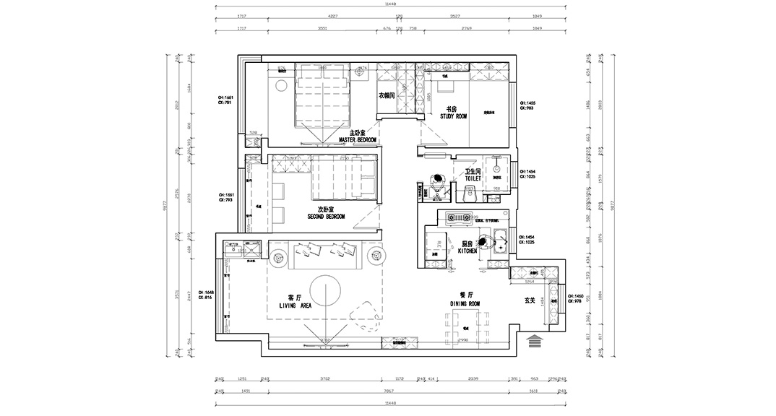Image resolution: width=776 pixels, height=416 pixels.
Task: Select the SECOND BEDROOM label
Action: click(326, 216)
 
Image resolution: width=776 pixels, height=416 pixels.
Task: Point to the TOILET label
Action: click(473, 176)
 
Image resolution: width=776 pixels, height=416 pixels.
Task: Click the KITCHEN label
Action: click(467, 250)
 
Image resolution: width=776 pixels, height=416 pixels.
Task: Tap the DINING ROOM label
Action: click(465, 304)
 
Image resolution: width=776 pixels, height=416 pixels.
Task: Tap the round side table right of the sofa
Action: click(375, 256)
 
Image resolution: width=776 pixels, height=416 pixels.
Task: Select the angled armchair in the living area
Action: click(366, 312)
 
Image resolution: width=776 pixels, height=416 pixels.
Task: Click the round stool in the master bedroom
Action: click(280, 87)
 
